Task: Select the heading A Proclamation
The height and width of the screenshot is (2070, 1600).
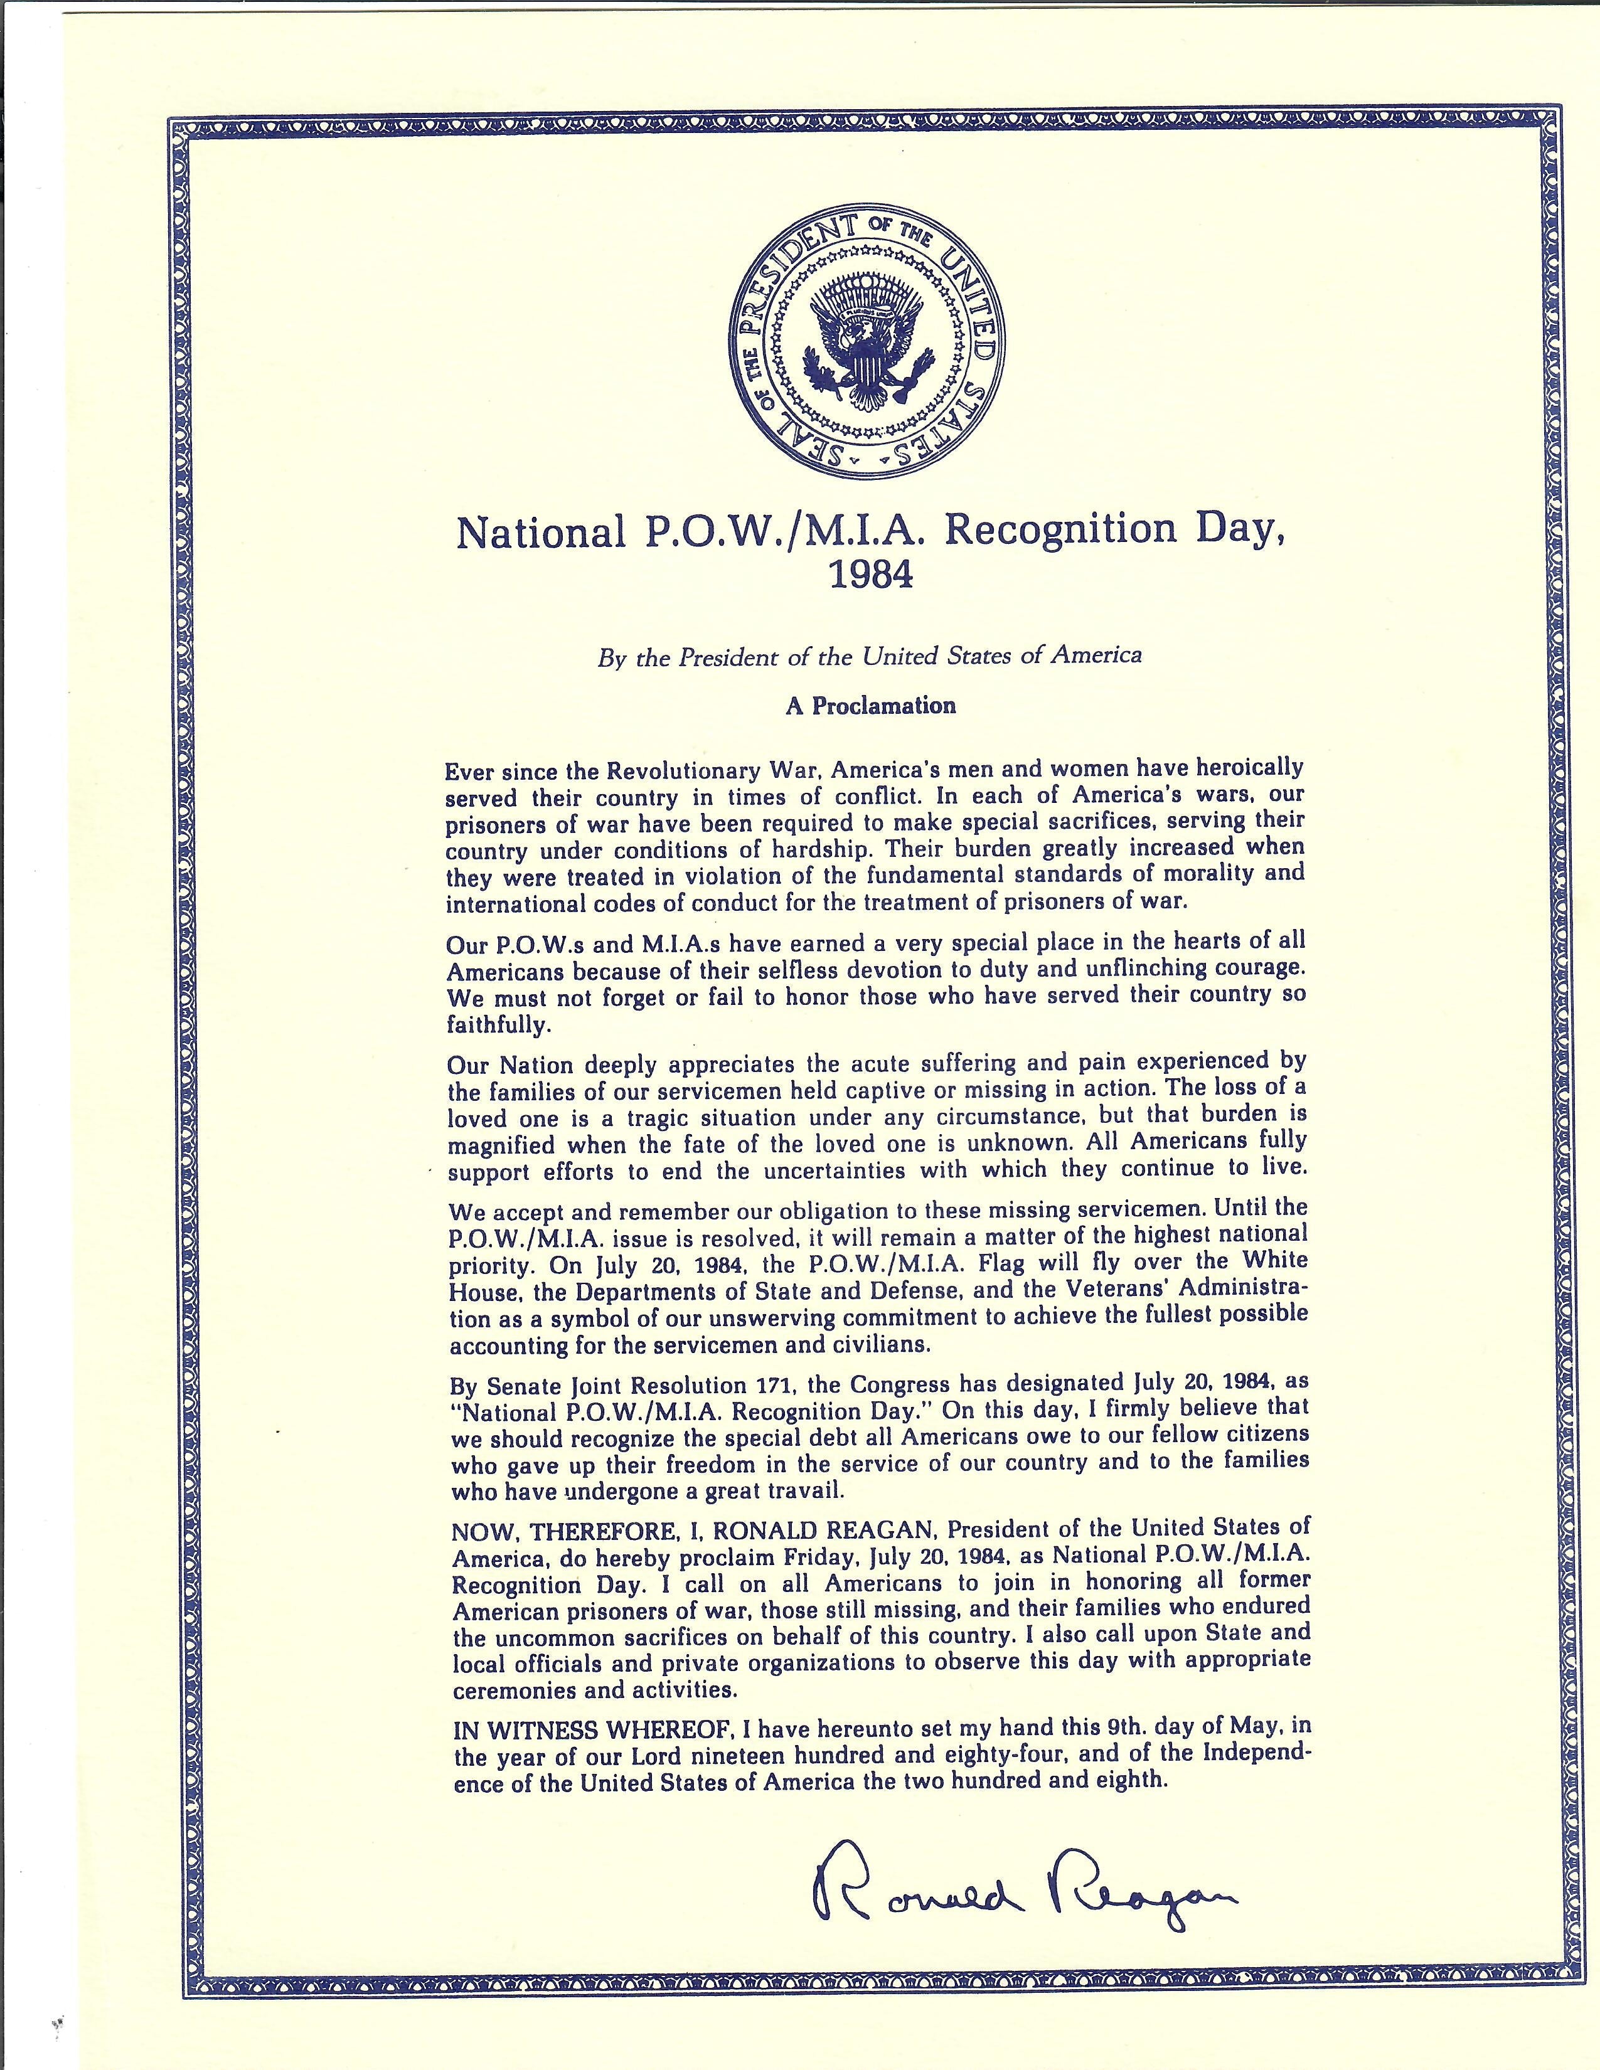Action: pyautogui.click(x=870, y=705)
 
